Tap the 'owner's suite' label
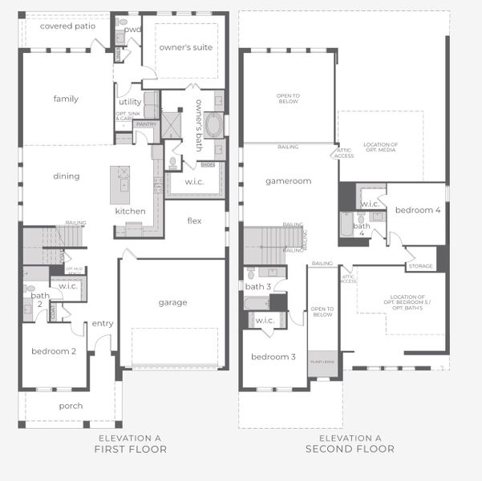(x=186, y=47)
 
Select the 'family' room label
(x=66, y=99)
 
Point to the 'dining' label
(x=67, y=176)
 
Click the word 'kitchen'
(x=130, y=211)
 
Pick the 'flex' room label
(x=194, y=220)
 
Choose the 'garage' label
(x=172, y=302)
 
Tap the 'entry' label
(x=103, y=323)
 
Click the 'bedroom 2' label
(x=54, y=351)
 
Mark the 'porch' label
(x=71, y=406)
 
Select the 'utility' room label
(x=130, y=102)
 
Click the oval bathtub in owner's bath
(x=215, y=126)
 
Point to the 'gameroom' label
(x=288, y=181)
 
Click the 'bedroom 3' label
(x=273, y=357)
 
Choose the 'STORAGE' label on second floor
(x=420, y=266)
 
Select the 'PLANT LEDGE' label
(x=322, y=361)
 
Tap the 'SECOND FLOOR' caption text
(x=350, y=449)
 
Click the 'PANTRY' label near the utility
(x=146, y=124)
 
